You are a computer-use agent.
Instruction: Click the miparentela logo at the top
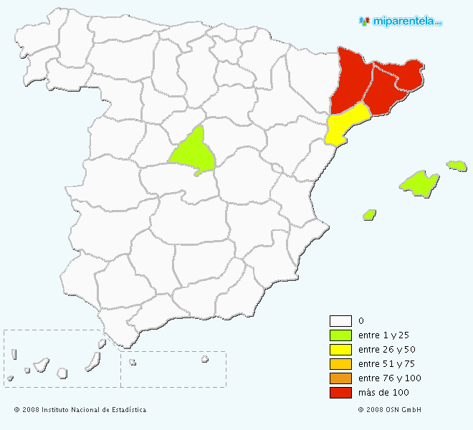(x=401, y=21)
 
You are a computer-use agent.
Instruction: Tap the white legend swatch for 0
(x=340, y=321)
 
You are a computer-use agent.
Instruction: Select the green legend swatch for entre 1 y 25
(x=340, y=335)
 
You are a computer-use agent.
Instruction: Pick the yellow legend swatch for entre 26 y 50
(x=340, y=350)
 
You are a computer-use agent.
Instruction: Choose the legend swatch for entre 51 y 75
(x=340, y=364)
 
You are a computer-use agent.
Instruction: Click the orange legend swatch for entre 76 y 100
(x=340, y=378)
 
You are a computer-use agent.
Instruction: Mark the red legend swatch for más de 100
(x=340, y=393)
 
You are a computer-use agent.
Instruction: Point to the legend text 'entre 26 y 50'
(x=386, y=350)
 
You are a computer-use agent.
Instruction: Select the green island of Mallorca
(x=419, y=183)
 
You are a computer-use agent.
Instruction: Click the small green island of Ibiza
(x=370, y=214)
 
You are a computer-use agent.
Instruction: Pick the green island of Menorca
(x=457, y=166)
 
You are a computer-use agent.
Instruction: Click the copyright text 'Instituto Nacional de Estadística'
(x=94, y=410)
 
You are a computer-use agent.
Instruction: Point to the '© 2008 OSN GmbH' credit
(x=389, y=410)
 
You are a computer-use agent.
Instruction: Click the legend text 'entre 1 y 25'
(x=384, y=335)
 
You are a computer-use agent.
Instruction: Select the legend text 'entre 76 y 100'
(x=389, y=378)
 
